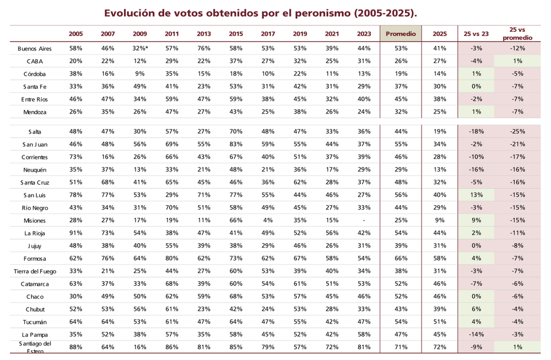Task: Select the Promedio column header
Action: click(x=401, y=34)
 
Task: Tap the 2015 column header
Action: click(x=236, y=34)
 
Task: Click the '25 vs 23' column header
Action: click(x=477, y=34)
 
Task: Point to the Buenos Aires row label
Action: click(x=35, y=49)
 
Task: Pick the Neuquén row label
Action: click(x=35, y=170)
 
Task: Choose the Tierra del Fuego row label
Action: click(x=35, y=271)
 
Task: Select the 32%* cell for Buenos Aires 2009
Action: click(x=141, y=49)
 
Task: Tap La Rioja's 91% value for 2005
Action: click(x=76, y=233)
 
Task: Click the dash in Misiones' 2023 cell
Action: click(x=364, y=221)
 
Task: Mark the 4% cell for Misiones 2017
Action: click(x=268, y=221)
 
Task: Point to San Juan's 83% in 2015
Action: click(x=236, y=144)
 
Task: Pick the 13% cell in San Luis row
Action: click(x=477, y=195)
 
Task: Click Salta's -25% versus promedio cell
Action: click(x=518, y=132)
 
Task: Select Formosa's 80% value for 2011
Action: click(x=172, y=259)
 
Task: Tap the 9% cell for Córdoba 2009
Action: click(x=140, y=74)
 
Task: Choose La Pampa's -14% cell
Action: click(x=477, y=335)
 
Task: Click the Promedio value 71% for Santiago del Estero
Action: click(x=401, y=347)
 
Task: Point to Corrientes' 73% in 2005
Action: click(x=76, y=157)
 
